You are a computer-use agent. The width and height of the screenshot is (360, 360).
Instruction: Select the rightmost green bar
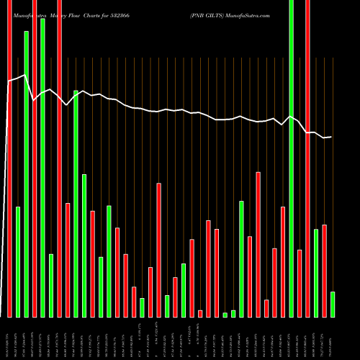point(332,304)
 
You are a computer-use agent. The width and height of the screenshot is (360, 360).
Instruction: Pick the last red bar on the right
point(324,271)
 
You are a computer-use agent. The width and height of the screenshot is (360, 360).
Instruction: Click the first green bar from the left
point(18,262)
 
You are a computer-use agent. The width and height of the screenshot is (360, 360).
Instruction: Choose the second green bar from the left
point(27,174)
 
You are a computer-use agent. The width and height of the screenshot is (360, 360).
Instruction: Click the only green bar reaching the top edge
point(291,158)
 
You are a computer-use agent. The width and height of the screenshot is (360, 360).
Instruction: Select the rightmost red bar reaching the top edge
point(307,158)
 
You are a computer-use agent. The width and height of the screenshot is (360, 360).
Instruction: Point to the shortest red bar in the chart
point(200,313)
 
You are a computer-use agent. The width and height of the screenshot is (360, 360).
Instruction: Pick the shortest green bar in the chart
point(225,315)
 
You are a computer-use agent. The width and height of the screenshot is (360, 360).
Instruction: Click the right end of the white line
point(332,137)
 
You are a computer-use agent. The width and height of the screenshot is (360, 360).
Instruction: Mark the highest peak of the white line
point(26,74)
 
